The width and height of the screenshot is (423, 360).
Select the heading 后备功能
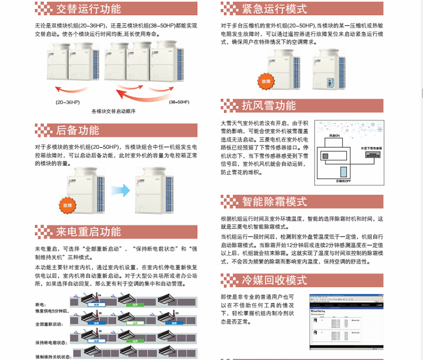[x=77, y=130]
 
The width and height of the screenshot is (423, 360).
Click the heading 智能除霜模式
[x=275, y=201]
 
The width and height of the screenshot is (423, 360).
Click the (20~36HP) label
[x=67, y=102]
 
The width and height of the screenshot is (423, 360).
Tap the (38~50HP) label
[x=180, y=102]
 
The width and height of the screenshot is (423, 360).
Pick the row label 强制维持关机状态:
[x=53, y=357]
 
